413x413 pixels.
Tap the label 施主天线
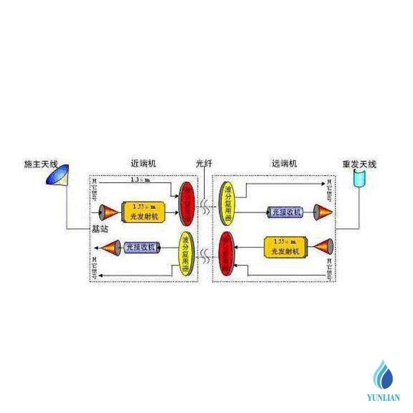click(41, 164)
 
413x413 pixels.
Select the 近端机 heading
click(144, 164)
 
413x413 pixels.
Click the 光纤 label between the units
click(204, 164)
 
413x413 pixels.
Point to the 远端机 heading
click(285, 164)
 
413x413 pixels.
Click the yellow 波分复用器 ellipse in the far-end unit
click(227, 202)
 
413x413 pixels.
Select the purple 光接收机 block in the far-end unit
click(284, 212)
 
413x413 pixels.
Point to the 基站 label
click(100, 229)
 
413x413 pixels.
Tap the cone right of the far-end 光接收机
click(323, 211)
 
